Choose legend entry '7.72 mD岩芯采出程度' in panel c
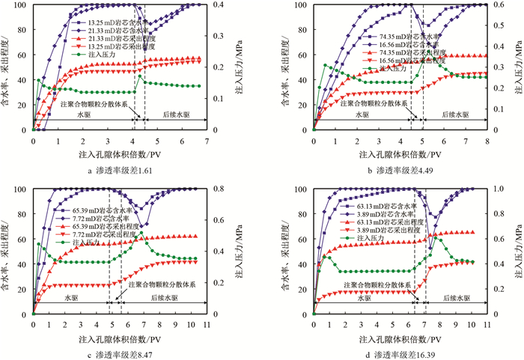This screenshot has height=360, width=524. (x=105, y=234)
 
